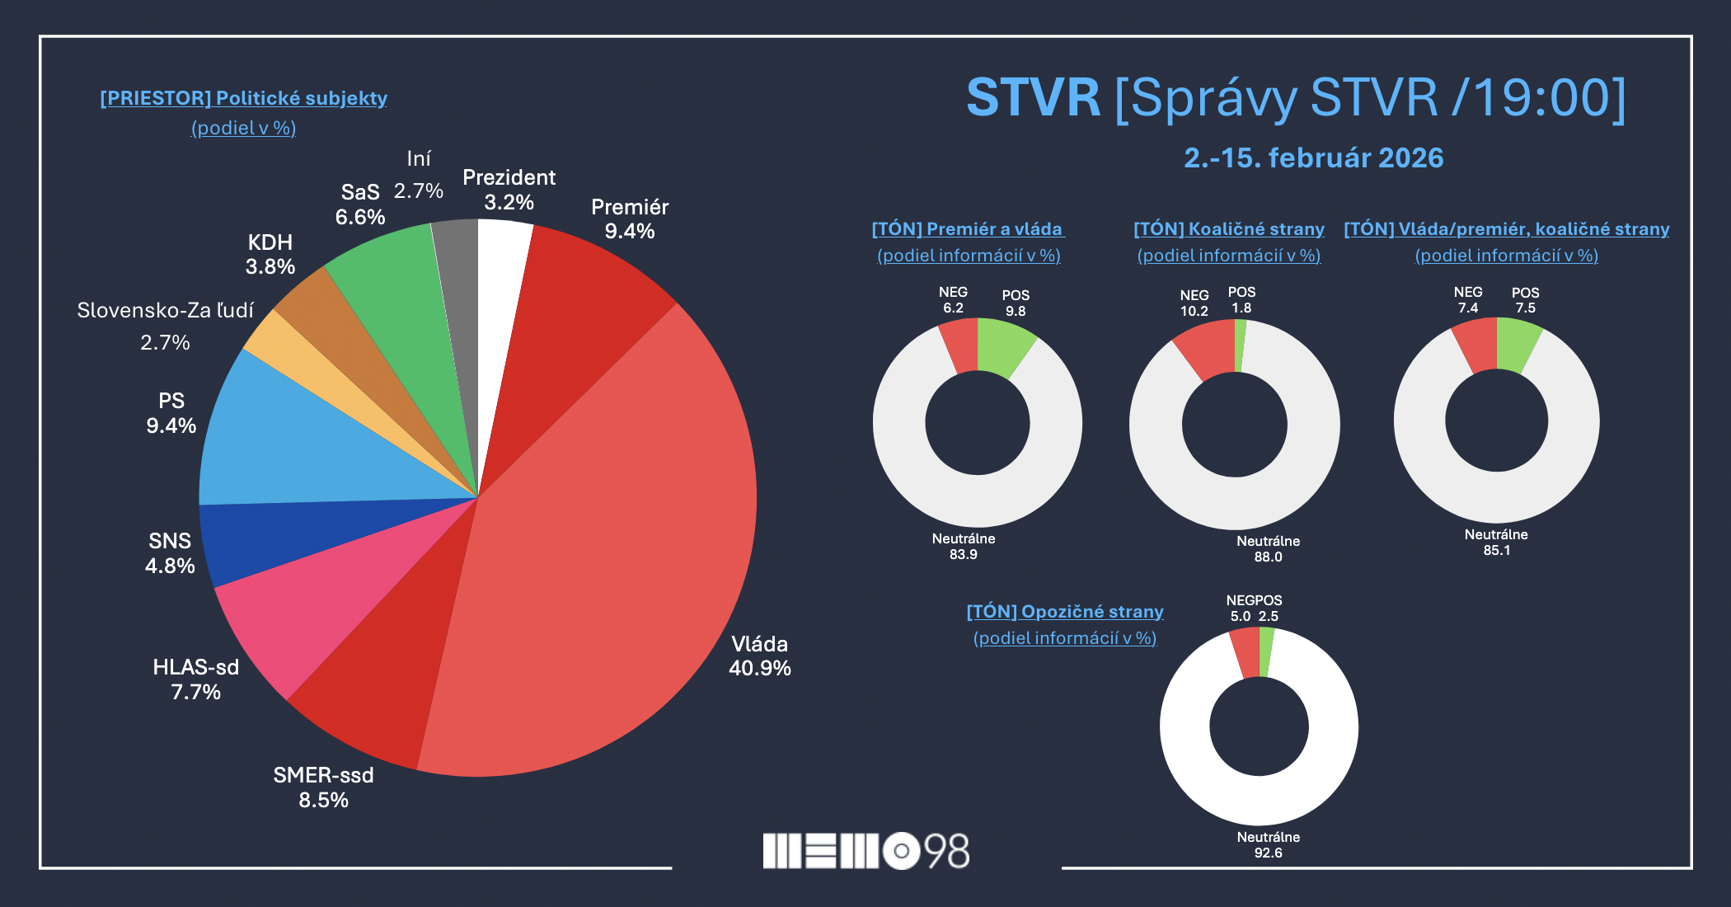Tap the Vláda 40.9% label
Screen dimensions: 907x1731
point(759,656)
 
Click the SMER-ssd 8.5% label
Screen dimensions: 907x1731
point(323,787)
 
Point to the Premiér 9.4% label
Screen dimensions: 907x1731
point(630,219)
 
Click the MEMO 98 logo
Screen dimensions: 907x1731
point(865,851)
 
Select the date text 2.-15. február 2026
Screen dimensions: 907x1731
point(1313,157)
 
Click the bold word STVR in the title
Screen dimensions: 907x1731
point(1033,98)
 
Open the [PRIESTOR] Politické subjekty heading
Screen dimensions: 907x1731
point(243,98)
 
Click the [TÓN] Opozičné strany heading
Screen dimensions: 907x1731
point(1064,612)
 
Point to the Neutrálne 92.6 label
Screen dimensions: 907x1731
point(1268,844)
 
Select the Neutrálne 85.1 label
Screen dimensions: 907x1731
point(1496,542)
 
